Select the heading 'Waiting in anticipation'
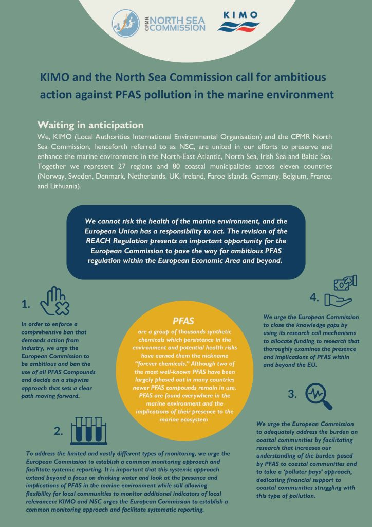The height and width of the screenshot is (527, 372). tap(90, 125)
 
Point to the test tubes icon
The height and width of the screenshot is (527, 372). tap(89, 432)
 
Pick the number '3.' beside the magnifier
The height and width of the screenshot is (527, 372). tap(292, 395)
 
